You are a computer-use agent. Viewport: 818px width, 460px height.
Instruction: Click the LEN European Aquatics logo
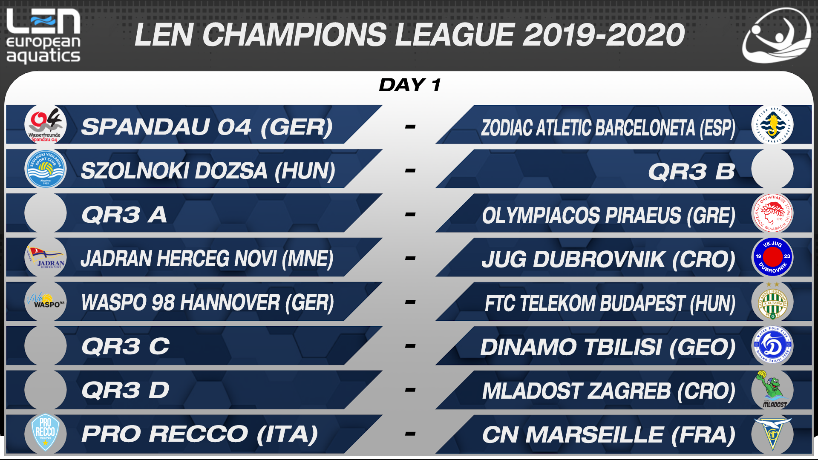(43, 36)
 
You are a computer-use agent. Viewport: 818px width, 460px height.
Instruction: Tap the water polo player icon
(776, 36)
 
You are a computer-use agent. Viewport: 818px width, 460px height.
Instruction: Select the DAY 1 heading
(410, 85)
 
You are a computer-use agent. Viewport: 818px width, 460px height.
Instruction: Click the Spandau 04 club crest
(45, 125)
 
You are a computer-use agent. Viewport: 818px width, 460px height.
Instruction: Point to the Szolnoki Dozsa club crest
(45, 169)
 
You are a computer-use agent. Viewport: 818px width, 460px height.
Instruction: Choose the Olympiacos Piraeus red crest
(772, 213)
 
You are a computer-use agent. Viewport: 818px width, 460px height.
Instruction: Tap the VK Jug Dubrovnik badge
(772, 257)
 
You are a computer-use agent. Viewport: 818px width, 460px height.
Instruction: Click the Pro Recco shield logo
(45, 433)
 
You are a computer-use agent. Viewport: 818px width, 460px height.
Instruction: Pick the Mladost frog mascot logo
(772, 389)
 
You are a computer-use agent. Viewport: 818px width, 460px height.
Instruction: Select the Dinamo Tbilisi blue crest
(772, 345)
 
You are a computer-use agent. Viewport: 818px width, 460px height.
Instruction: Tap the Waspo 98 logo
(45, 301)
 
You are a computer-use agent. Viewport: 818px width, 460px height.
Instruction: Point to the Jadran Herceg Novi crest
(45, 257)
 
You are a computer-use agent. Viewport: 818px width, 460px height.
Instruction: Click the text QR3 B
(691, 172)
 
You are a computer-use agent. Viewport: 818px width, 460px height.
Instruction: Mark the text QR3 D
(125, 390)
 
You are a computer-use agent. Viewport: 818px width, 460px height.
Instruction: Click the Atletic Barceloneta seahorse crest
(772, 125)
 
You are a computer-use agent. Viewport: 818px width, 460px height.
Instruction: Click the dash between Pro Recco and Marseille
(410, 434)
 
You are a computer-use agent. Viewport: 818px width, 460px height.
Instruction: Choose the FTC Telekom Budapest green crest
(772, 302)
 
